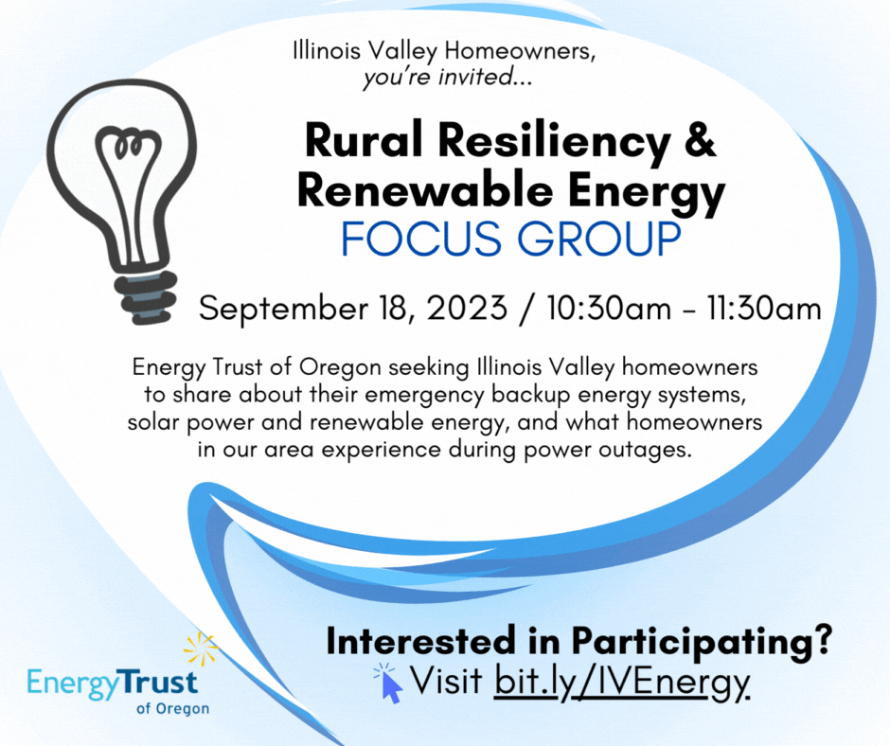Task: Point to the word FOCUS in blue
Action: point(421,239)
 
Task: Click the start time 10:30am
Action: point(610,309)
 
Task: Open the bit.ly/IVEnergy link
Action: point(622,681)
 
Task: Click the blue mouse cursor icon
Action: point(392,685)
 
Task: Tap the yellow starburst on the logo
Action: point(201,648)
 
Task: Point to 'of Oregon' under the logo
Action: point(172,709)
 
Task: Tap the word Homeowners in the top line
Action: point(520,51)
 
